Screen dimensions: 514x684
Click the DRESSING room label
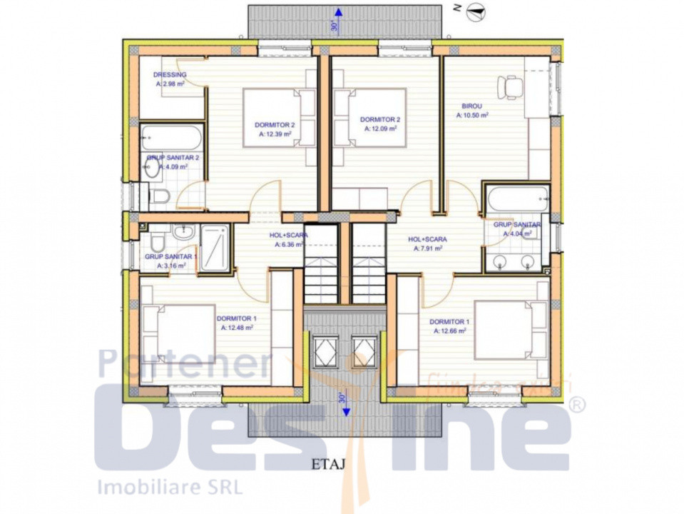(170, 75)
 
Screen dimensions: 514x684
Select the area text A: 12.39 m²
(275, 133)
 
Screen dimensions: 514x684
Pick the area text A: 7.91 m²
(427, 249)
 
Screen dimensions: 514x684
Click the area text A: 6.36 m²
(290, 244)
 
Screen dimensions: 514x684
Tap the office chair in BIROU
(511, 86)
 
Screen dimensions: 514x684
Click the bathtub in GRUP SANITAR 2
(171, 137)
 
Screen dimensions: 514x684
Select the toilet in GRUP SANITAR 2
(160, 195)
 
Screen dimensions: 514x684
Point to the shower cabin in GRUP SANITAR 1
(214, 248)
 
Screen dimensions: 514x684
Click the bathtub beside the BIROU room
(517, 199)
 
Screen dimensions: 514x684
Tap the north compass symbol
(476, 9)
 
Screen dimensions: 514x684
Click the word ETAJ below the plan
(329, 463)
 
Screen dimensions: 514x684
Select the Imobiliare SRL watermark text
(169, 487)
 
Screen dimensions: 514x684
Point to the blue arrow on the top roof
(340, 12)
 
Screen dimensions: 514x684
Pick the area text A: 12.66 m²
(449, 331)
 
